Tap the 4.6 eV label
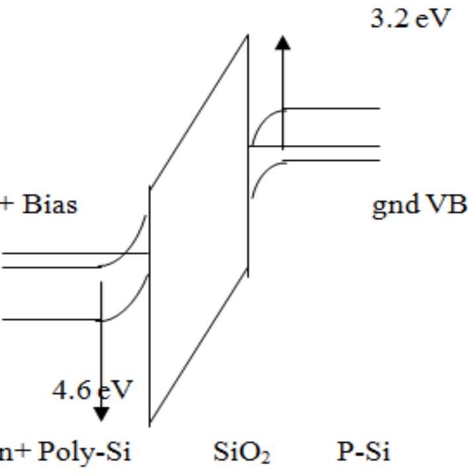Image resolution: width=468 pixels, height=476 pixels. coord(92,389)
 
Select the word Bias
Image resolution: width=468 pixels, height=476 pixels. coord(50,205)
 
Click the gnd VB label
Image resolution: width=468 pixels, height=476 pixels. coord(418,205)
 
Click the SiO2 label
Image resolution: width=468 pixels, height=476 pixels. coord(242,453)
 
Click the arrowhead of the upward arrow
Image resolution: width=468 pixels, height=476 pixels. coord(283,42)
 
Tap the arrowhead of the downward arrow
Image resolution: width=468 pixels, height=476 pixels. coord(101,414)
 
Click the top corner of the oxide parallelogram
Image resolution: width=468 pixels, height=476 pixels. coord(248,34)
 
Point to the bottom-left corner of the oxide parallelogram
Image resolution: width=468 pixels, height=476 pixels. coord(150,424)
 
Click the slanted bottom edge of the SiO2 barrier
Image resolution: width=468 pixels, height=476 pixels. coord(199,348)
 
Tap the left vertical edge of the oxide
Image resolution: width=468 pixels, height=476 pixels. coord(150,305)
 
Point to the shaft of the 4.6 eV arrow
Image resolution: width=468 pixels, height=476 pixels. coord(101,344)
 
